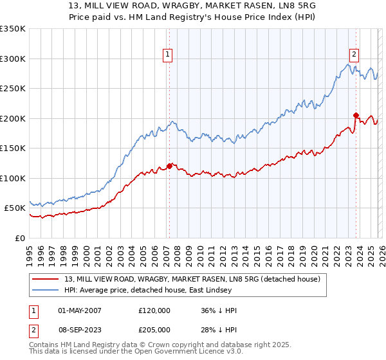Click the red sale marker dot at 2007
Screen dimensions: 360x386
[x=169, y=166]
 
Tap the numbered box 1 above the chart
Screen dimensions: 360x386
[x=167, y=55]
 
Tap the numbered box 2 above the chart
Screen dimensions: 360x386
[x=354, y=55]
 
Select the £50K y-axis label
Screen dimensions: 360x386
[x=14, y=208]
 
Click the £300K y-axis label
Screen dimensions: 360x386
[x=12, y=59]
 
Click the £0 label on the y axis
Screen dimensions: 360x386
[x=19, y=238]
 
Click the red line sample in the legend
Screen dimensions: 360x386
[x=46, y=278]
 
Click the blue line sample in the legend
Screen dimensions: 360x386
[x=46, y=290]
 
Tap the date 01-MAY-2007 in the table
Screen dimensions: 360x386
[x=79, y=310]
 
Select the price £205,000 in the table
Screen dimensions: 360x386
[x=154, y=329]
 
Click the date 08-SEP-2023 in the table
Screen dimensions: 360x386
[x=79, y=329]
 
